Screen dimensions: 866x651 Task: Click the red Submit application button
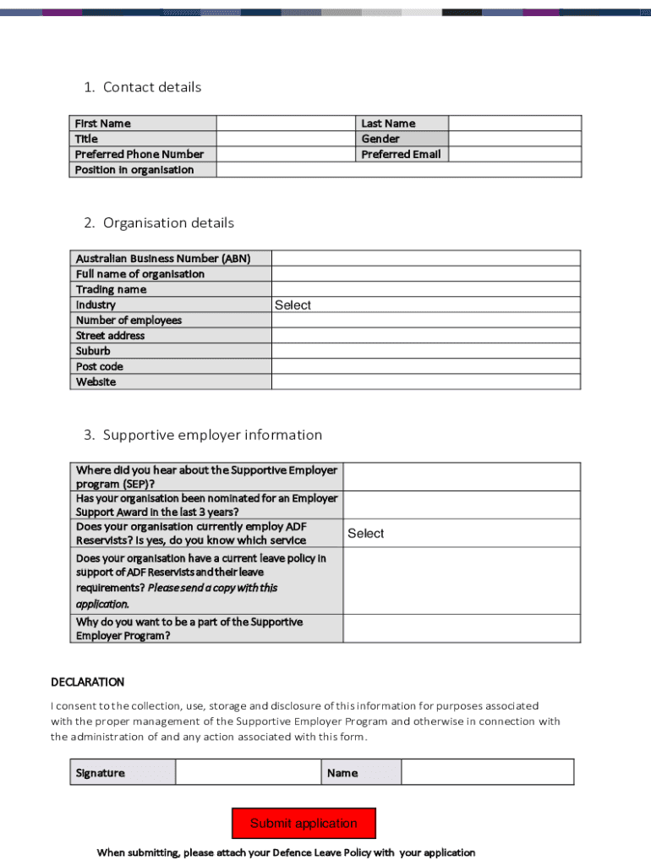pyautogui.click(x=304, y=823)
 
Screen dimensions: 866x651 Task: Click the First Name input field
pyautogui.click(x=287, y=123)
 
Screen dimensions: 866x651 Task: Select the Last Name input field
pyautogui.click(x=514, y=123)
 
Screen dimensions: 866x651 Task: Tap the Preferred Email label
pyautogui.click(x=401, y=154)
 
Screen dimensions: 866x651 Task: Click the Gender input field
pyautogui.click(x=514, y=139)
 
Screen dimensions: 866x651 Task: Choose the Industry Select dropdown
pyautogui.click(x=425, y=305)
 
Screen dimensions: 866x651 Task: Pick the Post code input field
pyautogui.click(x=425, y=366)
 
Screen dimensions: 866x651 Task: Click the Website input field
pyautogui.click(x=425, y=381)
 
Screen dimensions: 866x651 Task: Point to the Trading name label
pyautogui.click(x=111, y=289)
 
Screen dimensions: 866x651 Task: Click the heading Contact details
pyautogui.click(x=152, y=87)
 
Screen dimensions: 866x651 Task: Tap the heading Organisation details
pyautogui.click(x=168, y=223)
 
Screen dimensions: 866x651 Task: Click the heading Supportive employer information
pyautogui.click(x=212, y=435)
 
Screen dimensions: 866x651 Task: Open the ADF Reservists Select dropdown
pyautogui.click(x=461, y=533)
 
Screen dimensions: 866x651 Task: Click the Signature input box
pyautogui.click(x=248, y=772)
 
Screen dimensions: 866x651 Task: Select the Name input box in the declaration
pyautogui.click(x=487, y=772)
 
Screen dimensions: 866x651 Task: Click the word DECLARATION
pyautogui.click(x=88, y=682)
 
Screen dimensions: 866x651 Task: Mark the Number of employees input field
pyautogui.click(x=425, y=321)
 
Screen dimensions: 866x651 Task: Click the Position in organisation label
pyautogui.click(x=134, y=169)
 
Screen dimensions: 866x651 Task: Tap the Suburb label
pyautogui.click(x=93, y=351)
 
